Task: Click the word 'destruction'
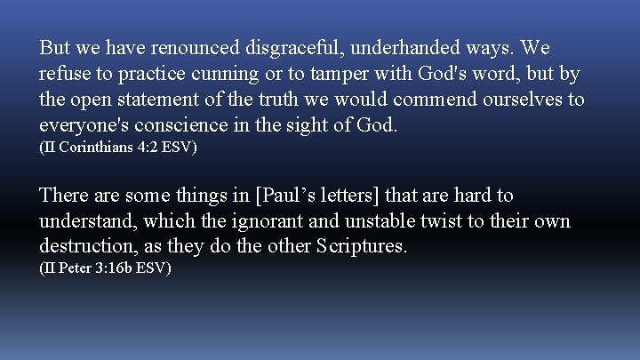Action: pyautogui.click(x=86, y=246)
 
